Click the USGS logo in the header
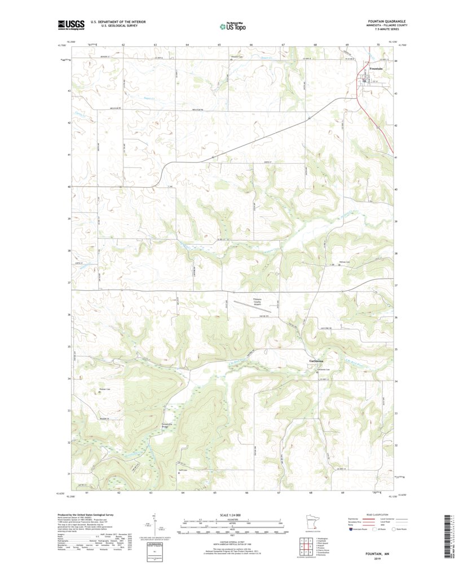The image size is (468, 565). (x=70, y=24)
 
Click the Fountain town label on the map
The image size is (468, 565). (x=376, y=69)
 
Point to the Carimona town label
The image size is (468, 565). (x=316, y=361)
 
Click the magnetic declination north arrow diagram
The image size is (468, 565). (x=153, y=524)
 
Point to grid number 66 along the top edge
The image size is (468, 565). (x=251, y=44)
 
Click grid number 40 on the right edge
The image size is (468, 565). (x=396, y=189)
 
